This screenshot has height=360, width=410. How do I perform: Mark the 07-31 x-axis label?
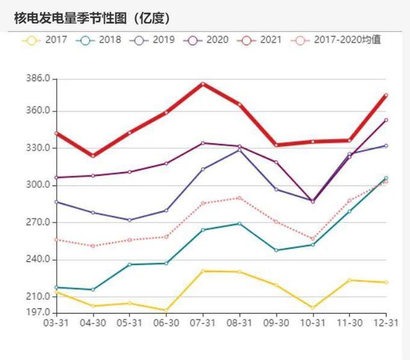(x=202, y=323)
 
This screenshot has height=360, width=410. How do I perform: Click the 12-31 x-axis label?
(x=386, y=323)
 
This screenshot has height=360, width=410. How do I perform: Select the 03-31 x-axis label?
(x=56, y=323)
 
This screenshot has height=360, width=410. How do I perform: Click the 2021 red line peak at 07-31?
(x=203, y=84)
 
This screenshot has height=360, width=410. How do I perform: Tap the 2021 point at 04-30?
(x=93, y=156)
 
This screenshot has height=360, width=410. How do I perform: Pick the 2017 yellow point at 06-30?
(x=167, y=311)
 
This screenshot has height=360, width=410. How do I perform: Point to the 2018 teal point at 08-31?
(x=240, y=224)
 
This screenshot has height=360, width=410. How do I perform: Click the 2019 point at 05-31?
(x=129, y=220)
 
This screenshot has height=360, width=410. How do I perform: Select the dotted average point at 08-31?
(x=240, y=198)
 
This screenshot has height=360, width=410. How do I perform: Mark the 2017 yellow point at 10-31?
(x=313, y=308)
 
